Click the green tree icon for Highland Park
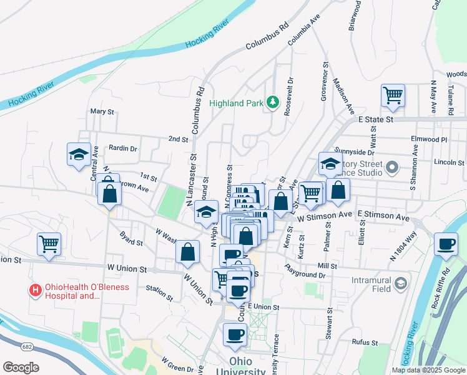tap(272, 102)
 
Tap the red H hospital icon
tap(35, 289)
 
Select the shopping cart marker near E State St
tap(393, 96)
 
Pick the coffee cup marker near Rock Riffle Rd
tap(446, 244)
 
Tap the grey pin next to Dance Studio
tap(392, 167)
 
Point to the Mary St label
tap(102, 112)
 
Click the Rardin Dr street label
tap(122, 148)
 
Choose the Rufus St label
tap(365, 342)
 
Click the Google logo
tap(21, 367)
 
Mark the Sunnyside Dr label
tap(354, 152)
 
